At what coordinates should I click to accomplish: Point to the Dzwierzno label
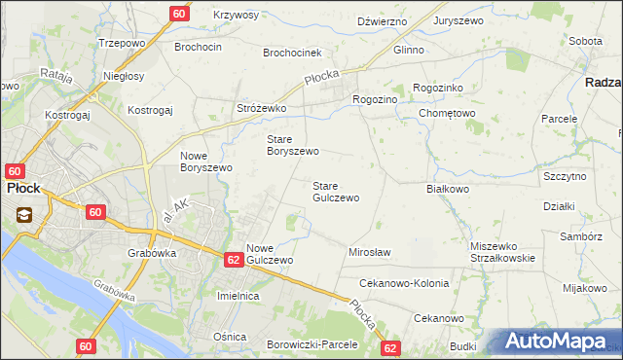(x=381, y=20)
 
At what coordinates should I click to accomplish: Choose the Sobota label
(x=585, y=42)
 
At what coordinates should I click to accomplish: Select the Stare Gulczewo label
(x=335, y=192)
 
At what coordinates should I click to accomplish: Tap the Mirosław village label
(x=369, y=252)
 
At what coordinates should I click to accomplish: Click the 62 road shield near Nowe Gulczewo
(x=233, y=260)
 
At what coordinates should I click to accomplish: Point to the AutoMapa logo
(x=558, y=342)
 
